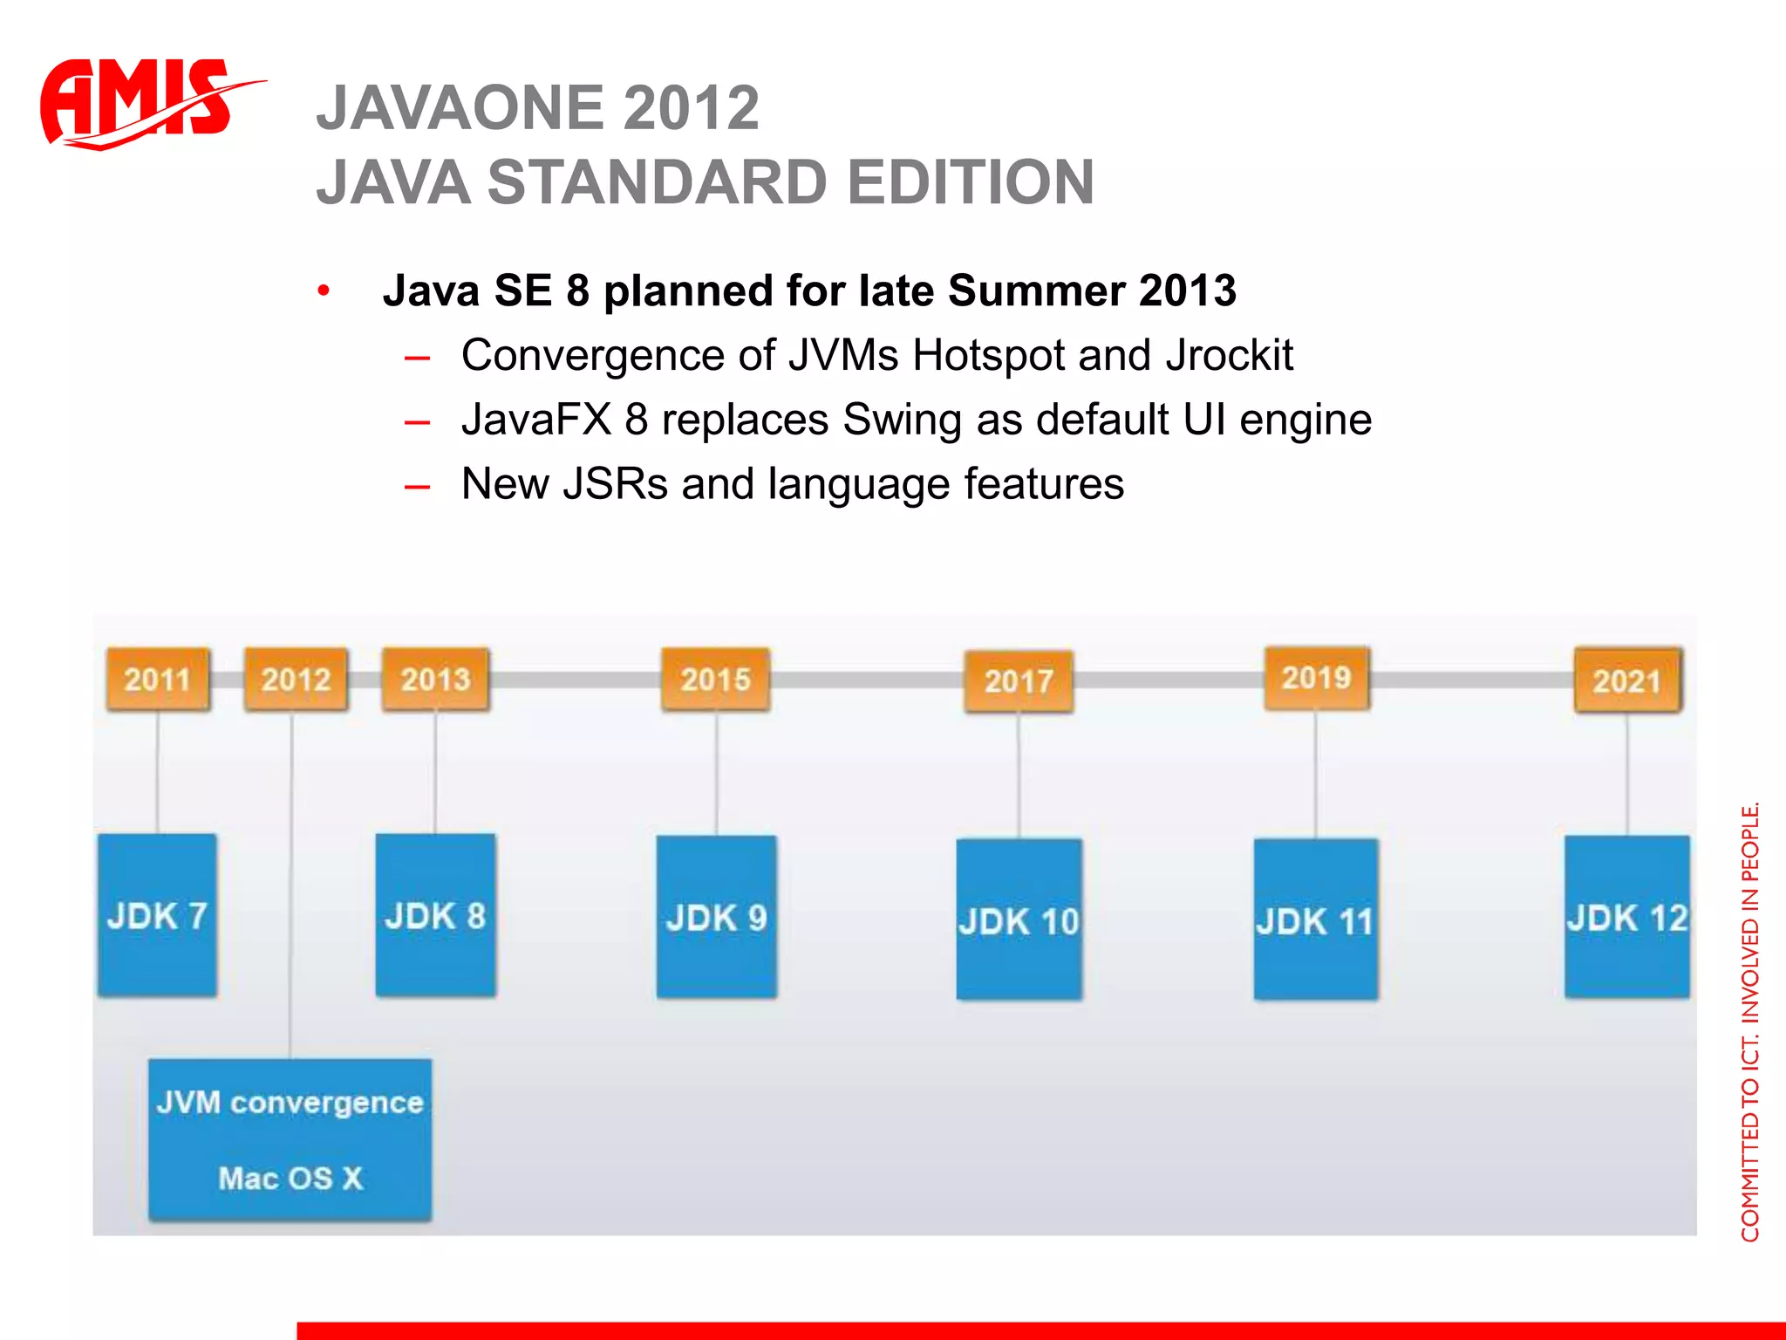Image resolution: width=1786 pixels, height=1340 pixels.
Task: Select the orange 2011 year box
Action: pos(158,679)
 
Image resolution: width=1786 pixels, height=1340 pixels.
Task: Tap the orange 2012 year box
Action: pos(296,679)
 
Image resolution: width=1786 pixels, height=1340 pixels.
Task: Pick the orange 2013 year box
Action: pos(435,679)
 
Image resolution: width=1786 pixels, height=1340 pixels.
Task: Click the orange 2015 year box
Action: pos(715,679)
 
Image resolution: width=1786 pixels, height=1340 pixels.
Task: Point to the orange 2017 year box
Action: pos(1019,681)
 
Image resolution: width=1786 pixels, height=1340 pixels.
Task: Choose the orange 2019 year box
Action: pos(1317,677)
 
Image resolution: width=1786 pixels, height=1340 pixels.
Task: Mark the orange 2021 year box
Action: pos(1627,680)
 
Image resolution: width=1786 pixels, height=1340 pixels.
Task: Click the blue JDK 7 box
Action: pos(157,915)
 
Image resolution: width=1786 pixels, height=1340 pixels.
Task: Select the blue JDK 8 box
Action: pos(435,915)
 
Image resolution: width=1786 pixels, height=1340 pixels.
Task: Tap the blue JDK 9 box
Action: pos(716,917)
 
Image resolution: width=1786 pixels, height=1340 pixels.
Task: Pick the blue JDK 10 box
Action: pos(1019,920)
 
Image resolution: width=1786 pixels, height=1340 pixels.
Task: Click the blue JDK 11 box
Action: pos(1316,920)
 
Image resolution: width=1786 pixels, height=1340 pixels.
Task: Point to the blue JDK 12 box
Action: pos(1627,917)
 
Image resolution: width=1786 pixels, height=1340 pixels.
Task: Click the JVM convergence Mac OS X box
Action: pos(290,1139)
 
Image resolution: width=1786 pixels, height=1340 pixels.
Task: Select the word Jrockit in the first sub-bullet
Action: pos(1229,356)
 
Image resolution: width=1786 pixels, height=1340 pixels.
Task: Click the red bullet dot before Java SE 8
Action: pos(324,291)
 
